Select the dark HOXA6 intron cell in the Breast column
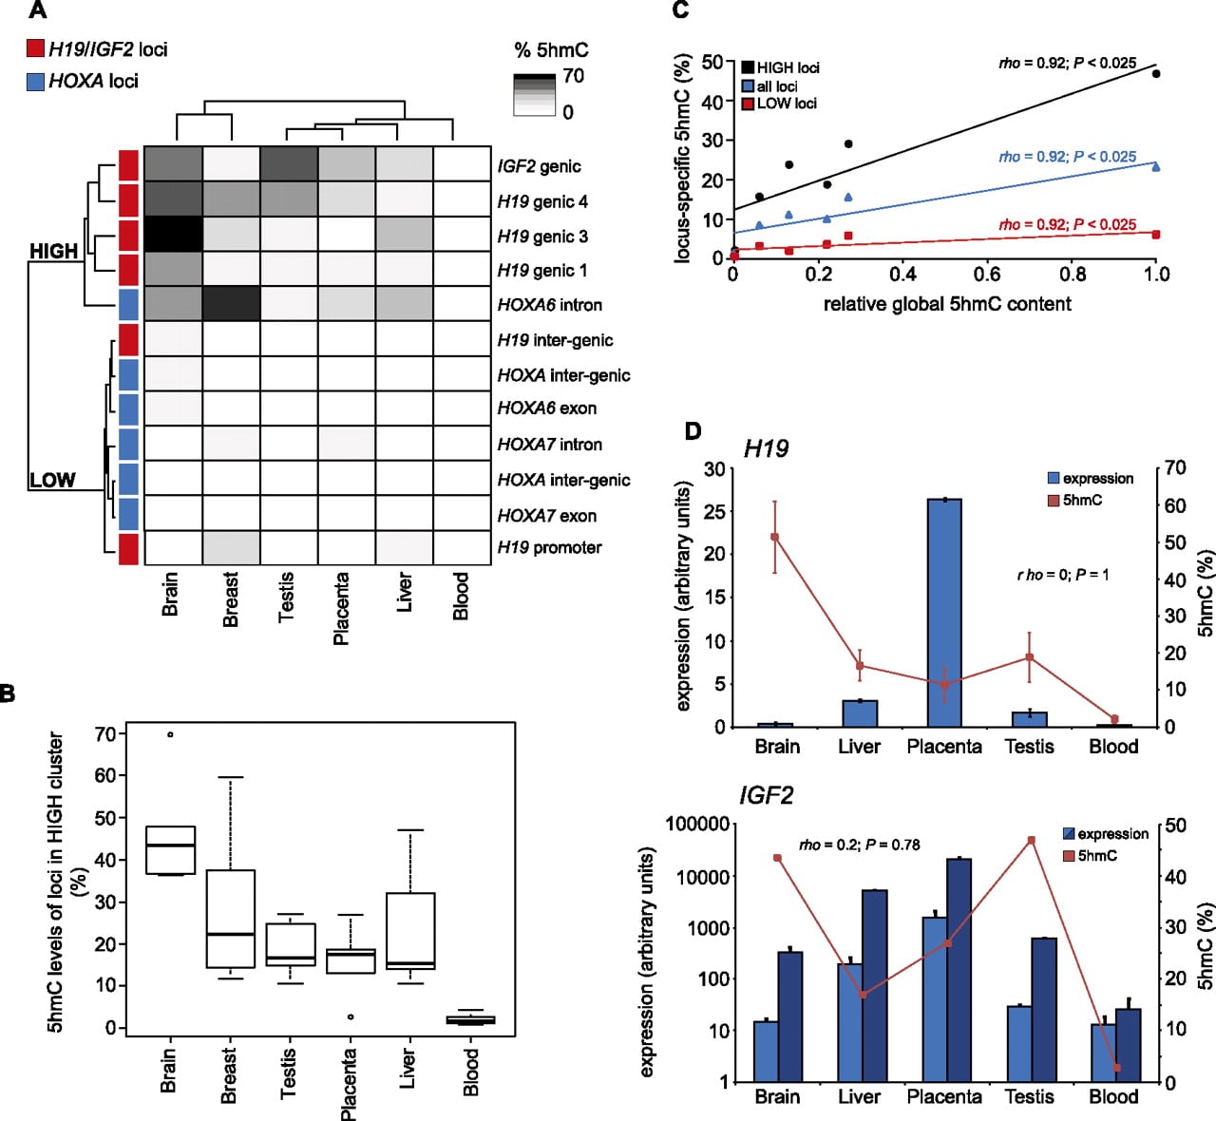tap(232, 303)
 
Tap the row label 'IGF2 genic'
tap(539, 166)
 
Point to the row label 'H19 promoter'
tap(549, 547)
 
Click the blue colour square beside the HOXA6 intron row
tap(128, 304)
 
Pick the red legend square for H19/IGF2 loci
tap(35, 48)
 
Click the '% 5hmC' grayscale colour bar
tap(535, 95)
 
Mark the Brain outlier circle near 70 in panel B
tap(170, 734)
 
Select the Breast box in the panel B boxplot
tap(230, 919)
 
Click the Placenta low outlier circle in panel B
tap(351, 1016)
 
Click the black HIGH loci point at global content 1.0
tap(1156, 73)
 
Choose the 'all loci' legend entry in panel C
tap(769, 85)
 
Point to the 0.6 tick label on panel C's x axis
tap(987, 274)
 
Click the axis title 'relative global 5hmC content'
tap(947, 304)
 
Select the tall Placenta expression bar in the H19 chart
tap(944, 613)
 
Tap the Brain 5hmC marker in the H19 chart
tap(774, 537)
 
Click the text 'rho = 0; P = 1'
tap(1063, 575)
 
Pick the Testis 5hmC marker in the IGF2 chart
tap(1031, 840)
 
